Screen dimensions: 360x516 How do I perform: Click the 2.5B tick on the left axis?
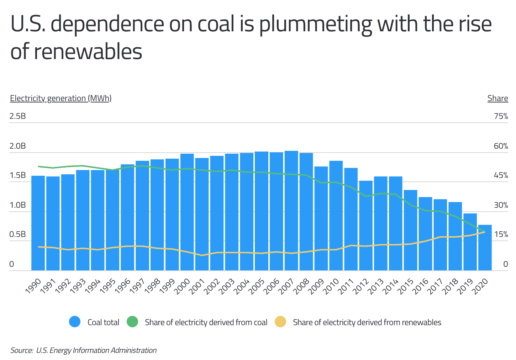18,116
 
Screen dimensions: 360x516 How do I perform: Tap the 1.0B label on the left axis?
18,205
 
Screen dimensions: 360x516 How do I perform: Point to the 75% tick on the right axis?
501,116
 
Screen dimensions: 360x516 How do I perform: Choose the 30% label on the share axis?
501,205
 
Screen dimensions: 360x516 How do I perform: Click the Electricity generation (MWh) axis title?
61,98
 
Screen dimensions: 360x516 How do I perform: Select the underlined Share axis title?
497,98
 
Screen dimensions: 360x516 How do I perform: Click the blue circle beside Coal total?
75,322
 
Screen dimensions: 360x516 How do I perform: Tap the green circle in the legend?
132,322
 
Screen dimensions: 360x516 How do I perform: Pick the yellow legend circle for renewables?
280,322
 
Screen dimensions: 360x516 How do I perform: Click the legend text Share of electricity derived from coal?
206,322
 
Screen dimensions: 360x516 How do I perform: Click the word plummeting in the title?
315,24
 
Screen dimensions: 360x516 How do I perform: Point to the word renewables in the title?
88,52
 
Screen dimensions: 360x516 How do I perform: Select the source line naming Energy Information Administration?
83,350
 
